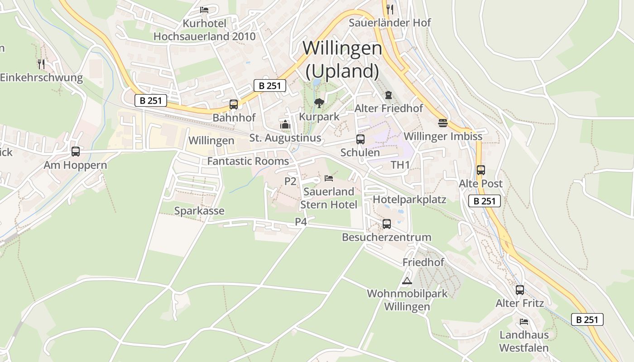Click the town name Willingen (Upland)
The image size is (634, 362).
click(x=342, y=59)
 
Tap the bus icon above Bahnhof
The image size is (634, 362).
click(x=234, y=105)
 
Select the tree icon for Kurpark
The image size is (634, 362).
click(x=319, y=103)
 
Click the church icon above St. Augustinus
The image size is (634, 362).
click(x=285, y=124)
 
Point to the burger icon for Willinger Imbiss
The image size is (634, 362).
click(x=442, y=123)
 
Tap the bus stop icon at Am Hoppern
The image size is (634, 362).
click(x=76, y=152)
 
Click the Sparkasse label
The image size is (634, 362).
click(x=199, y=211)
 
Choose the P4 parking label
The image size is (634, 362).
click(x=301, y=222)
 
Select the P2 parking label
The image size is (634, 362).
click(x=290, y=181)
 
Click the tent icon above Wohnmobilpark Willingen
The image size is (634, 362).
click(x=407, y=281)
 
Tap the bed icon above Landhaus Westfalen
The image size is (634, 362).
click(x=524, y=322)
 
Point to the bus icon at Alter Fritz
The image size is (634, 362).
click(x=519, y=290)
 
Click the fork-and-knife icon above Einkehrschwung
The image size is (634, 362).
click(x=41, y=64)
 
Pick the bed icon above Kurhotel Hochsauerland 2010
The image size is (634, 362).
click(x=204, y=10)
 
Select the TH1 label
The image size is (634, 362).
click(x=400, y=165)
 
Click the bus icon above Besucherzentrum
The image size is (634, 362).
click(x=386, y=224)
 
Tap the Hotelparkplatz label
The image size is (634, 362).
click(x=409, y=200)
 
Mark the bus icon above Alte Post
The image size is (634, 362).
click(x=480, y=170)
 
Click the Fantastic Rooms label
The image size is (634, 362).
click(x=248, y=161)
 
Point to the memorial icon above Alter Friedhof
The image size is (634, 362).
click(x=388, y=95)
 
